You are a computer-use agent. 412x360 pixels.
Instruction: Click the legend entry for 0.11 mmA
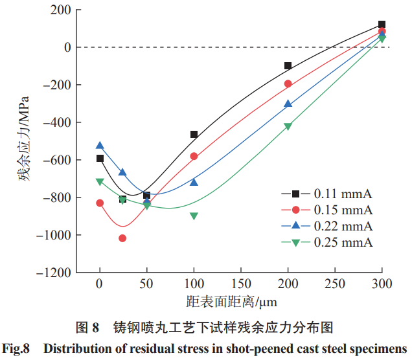(x=326, y=194)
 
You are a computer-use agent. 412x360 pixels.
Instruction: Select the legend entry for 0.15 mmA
(x=326, y=210)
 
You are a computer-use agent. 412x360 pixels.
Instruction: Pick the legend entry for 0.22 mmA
(x=326, y=226)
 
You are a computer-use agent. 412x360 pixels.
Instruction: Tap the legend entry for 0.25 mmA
(x=326, y=242)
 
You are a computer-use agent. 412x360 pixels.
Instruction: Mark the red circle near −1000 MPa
(x=123, y=238)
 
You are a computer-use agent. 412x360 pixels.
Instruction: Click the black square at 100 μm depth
(x=194, y=135)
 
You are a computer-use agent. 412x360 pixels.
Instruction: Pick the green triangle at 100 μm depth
(x=194, y=216)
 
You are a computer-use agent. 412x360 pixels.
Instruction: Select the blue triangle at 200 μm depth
(x=288, y=104)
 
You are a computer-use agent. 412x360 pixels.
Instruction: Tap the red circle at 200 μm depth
(x=288, y=84)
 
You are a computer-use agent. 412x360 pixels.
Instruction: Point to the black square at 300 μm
(x=382, y=25)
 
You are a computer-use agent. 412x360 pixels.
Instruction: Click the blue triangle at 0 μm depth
(x=100, y=146)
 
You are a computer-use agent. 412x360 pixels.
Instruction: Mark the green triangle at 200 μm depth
(x=288, y=126)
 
